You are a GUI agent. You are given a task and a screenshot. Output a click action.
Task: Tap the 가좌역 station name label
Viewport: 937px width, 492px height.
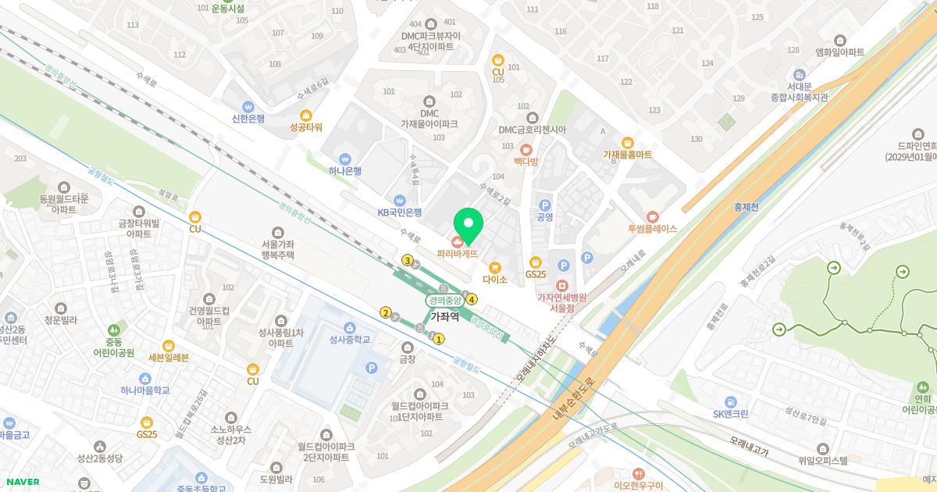tap(444, 317)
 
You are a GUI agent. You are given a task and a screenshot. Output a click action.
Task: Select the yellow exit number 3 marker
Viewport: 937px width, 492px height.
tap(407, 260)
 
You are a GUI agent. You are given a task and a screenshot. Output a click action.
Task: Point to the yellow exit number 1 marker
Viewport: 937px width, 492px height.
tap(439, 339)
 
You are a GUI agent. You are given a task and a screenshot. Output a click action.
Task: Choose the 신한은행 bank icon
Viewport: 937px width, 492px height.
tap(248, 107)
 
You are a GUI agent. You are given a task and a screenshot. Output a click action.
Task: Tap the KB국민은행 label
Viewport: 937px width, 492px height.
tap(400, 212)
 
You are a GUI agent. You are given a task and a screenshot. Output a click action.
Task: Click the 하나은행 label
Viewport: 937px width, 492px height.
tap(344, 171)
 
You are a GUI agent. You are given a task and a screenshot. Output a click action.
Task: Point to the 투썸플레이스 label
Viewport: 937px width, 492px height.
tap(652, 229)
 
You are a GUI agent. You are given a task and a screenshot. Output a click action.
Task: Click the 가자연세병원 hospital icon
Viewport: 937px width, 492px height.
tap(561, 283)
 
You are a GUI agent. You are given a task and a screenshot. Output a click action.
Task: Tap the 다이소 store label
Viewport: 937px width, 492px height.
tap(494, 279)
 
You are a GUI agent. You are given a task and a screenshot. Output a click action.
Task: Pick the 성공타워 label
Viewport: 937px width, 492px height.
tap(305, 127)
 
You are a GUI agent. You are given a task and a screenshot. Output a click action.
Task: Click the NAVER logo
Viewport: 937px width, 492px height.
tap(22, 482)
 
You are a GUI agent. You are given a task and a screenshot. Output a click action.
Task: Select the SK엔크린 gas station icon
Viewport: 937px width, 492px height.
tap(730, 401)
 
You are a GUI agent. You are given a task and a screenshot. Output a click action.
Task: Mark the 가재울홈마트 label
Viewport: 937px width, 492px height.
tap(626, 155)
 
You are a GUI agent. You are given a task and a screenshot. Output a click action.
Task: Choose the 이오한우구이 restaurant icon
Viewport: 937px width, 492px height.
tap(638, 473)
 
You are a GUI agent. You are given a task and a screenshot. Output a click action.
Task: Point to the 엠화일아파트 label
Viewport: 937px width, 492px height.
tap(839, 52)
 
